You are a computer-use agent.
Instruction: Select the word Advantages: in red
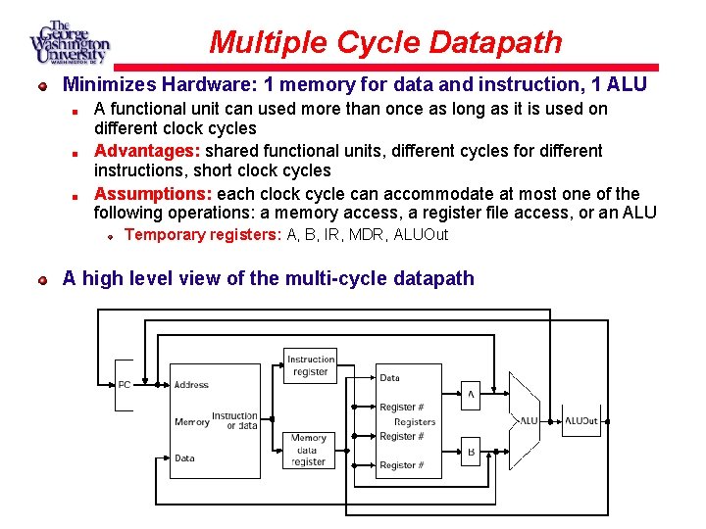pos(147,151)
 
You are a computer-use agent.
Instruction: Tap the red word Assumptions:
pos(153,193)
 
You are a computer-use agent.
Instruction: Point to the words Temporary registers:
pos(203,235)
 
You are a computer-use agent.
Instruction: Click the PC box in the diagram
pos(125,385)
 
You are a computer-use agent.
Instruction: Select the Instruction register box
pos(310,366)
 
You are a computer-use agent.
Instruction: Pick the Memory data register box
pos(309,451)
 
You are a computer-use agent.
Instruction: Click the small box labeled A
pos(471,395)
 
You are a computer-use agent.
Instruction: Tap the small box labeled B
pos(471,452)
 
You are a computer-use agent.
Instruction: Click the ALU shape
pos(525,420)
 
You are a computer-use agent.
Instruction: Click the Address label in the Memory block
pos(191,385)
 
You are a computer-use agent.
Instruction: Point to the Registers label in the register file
pos(415,422)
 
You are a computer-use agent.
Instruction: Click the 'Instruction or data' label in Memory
pos(235,421)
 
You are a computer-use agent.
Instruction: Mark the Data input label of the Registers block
pos(389,378)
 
